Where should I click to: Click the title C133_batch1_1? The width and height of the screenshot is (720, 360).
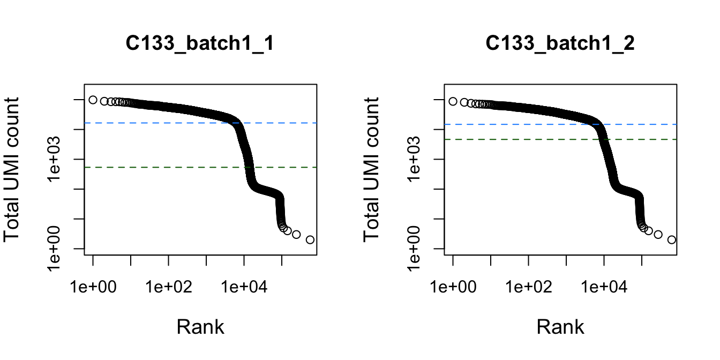tap(200, 43)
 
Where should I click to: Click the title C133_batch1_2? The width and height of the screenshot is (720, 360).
tap(560, 43)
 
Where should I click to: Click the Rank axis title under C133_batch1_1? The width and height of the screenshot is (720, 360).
tap(200, 327)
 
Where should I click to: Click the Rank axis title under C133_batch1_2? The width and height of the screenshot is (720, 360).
tap(560, 327)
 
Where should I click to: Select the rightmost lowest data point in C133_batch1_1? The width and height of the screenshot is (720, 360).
tap(310, 239)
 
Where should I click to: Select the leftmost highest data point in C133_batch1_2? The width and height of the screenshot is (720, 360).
tap(453, 101)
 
